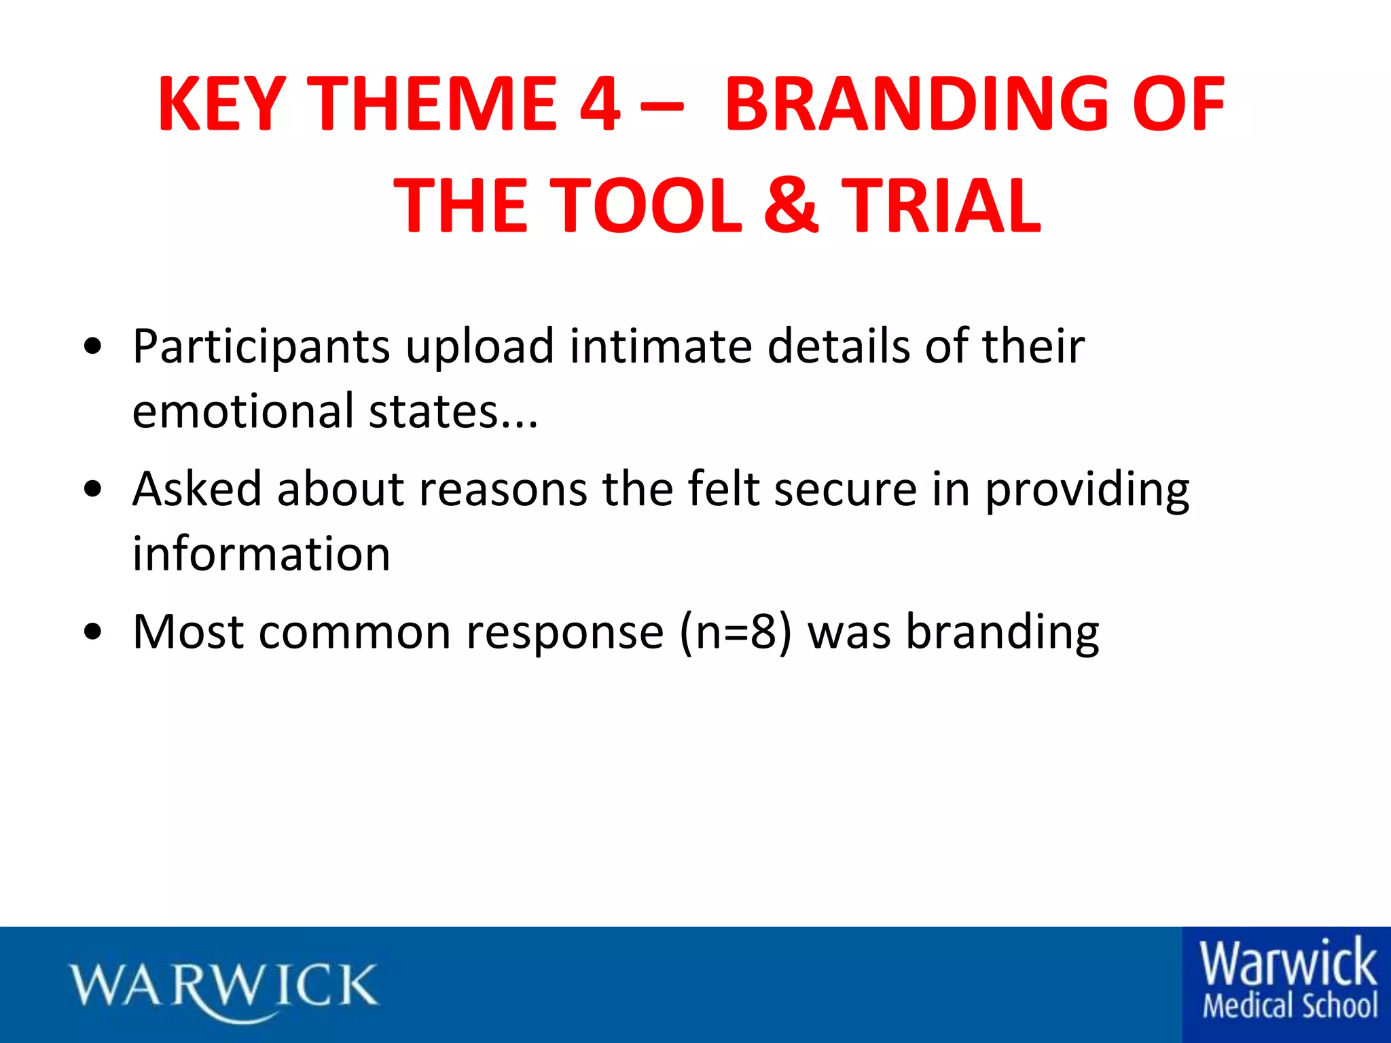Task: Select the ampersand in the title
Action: (x=791, y=205)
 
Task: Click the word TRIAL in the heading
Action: (x=941, y=205)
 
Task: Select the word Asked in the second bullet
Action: (x=197, y=488)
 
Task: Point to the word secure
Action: (x=846, y=489)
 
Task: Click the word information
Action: (x=261, y=553)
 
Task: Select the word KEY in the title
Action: (x=221, y=105)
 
